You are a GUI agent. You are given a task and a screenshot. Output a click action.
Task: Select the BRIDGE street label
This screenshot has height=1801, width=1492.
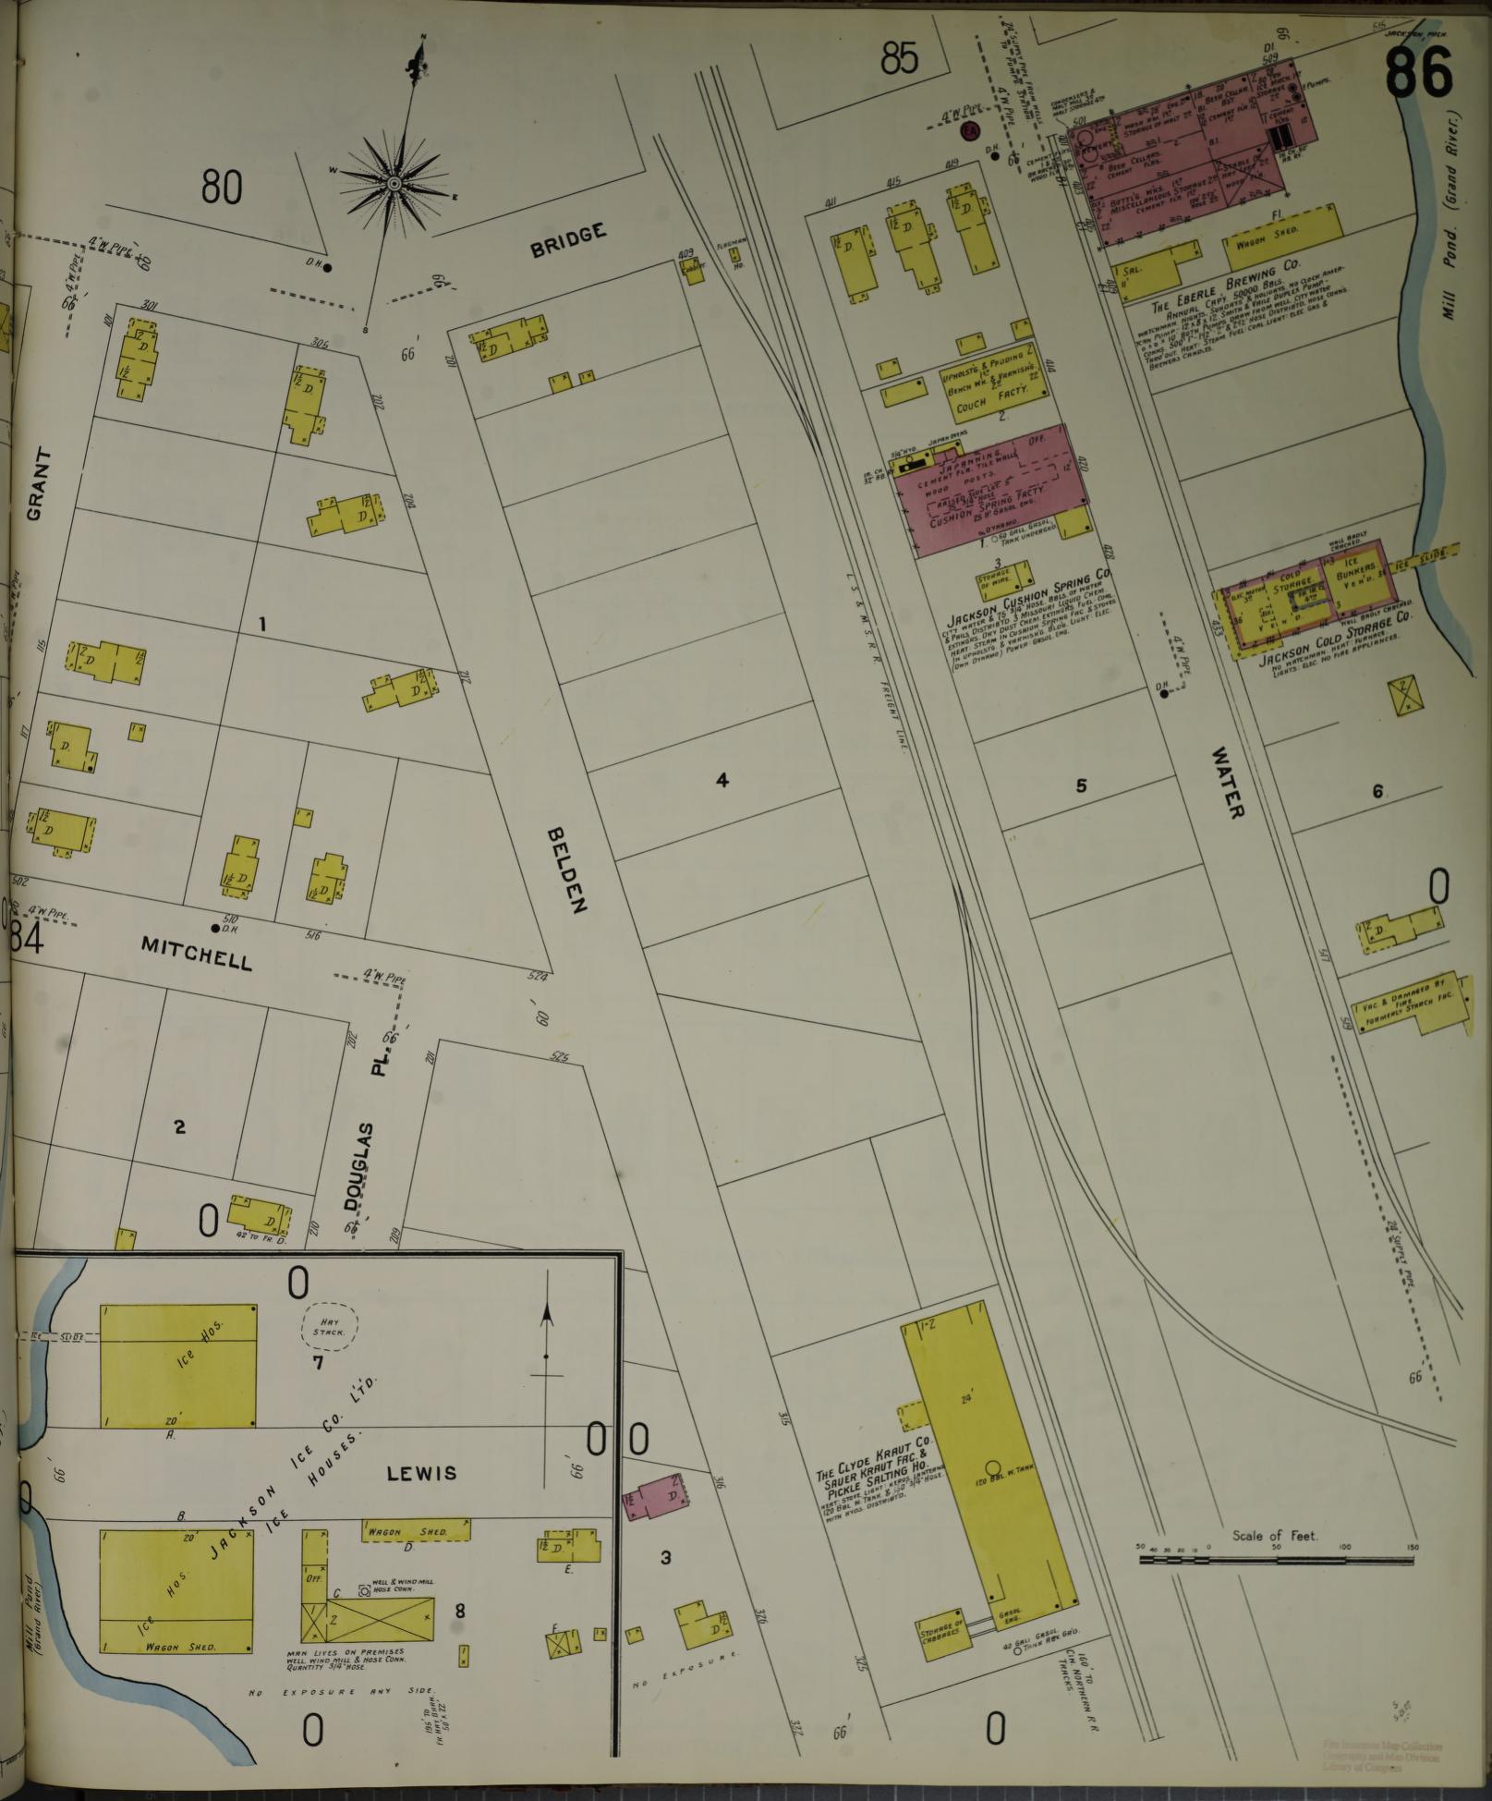coord(568,239)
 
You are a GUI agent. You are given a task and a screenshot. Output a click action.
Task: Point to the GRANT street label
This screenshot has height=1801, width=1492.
coord(37,485)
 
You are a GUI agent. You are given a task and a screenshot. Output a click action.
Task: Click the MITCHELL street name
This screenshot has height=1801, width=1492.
coord(196,953)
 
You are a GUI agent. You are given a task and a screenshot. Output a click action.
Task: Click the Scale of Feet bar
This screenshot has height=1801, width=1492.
coord(1276,1560)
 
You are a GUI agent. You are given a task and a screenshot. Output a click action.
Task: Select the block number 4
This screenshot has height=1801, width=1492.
coord(722,781)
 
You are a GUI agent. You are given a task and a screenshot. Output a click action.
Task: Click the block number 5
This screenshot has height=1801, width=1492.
coord(1081,786)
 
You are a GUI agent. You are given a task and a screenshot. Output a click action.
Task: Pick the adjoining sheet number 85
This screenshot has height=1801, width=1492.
coord(899,60)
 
